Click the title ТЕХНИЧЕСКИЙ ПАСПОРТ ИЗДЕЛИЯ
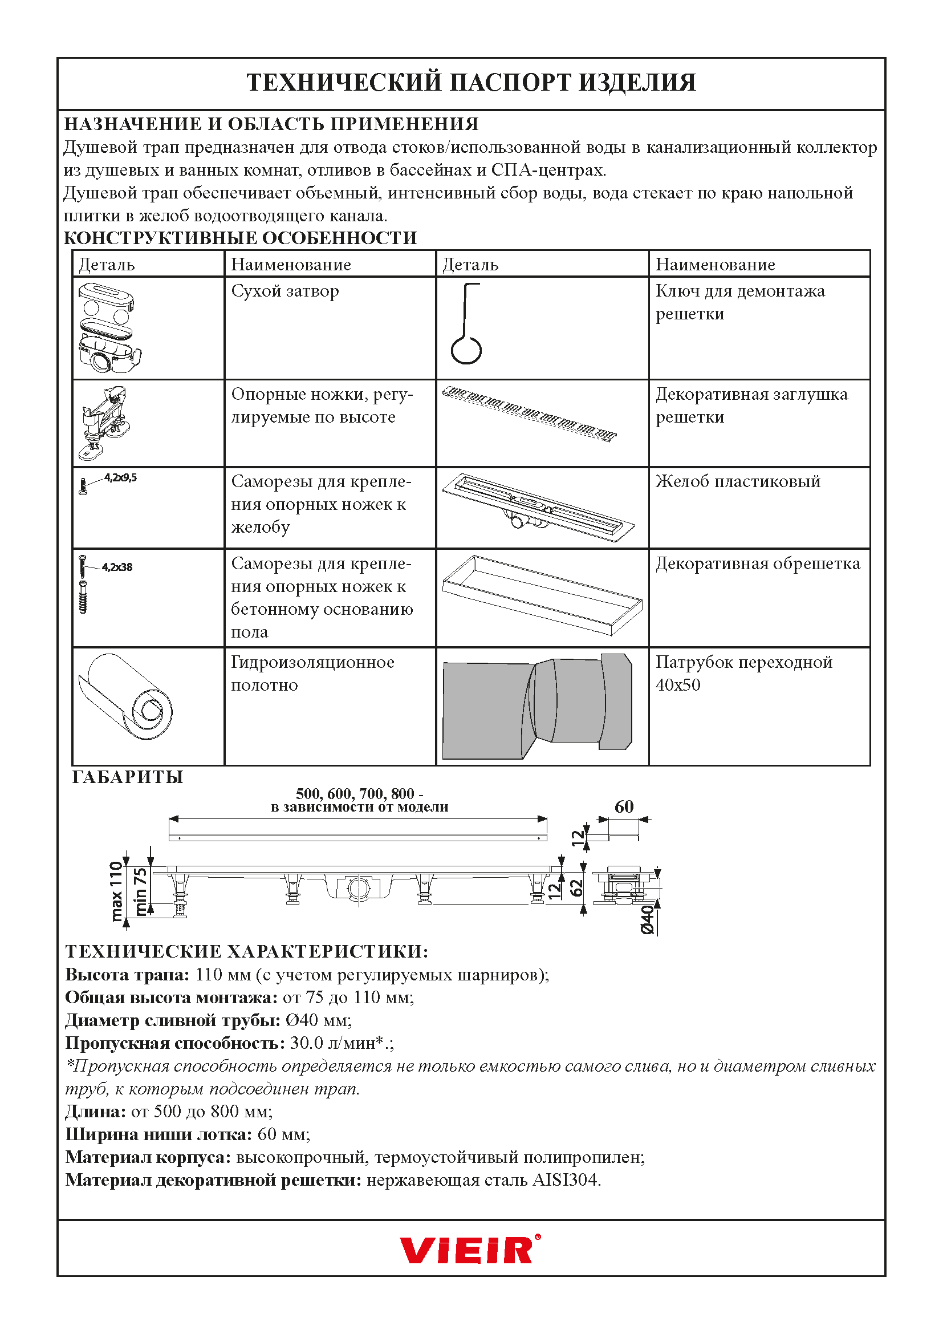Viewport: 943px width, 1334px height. (471, 83)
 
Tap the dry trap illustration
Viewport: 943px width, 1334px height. (109, 328)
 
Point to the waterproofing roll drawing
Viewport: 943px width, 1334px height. (125, 696)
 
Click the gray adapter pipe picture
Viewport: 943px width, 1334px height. (537, 706)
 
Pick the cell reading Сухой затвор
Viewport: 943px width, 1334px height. (284, 290)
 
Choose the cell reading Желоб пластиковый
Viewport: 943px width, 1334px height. (738, 481)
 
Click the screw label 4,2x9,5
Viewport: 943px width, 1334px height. (120, 477)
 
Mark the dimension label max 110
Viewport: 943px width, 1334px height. (117, 891)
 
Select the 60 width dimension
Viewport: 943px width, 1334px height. (624, 806)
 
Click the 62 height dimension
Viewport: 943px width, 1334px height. (576, 887)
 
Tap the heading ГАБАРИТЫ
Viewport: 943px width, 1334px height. (127, 777)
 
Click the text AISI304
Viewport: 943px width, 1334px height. (566, 1180)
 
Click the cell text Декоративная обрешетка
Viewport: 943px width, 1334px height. (758, 563)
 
